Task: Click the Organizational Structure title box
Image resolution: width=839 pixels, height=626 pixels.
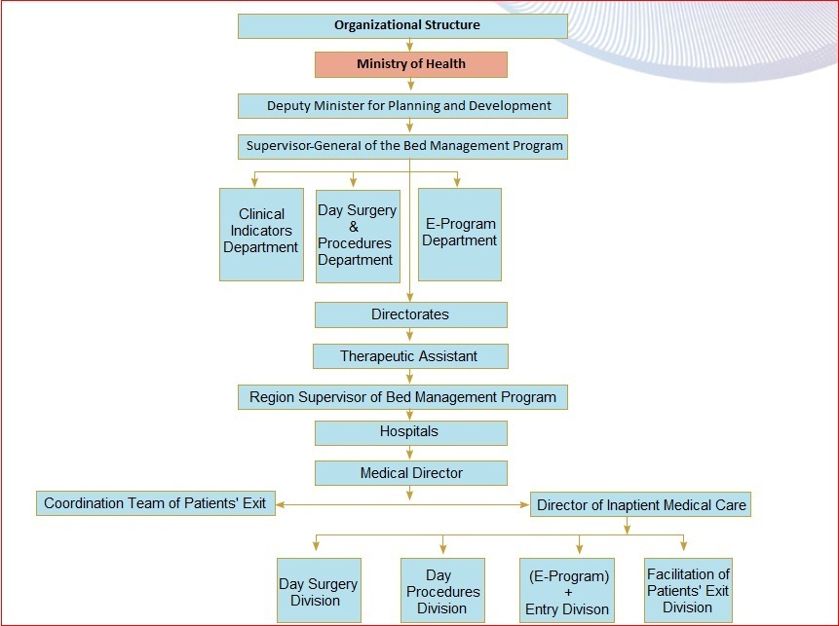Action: pos(402,25)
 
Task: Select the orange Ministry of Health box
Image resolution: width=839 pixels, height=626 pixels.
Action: pos(410,64)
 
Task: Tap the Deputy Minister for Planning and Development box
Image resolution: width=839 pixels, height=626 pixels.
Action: pos(402,106)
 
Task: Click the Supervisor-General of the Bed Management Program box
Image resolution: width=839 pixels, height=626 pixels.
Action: pos(402,147)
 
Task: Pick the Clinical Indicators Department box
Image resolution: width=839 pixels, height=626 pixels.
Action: pos(261,234)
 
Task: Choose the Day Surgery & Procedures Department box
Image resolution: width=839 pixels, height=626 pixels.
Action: pos(358,236)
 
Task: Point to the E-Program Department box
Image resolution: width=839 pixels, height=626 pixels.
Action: pos(460,234)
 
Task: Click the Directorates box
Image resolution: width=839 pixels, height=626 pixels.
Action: pos(410,314)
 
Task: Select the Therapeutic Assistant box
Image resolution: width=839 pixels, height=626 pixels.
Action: pos(410,356)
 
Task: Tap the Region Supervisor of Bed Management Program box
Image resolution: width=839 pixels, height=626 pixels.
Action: pos(402,397)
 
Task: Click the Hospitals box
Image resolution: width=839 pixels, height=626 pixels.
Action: pos(410,432)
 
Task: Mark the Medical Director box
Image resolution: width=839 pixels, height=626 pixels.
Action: pos(410,473)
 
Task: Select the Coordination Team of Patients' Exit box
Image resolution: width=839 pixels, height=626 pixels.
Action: pos(156,503)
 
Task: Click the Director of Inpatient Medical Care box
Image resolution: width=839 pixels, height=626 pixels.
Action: pos(640,504)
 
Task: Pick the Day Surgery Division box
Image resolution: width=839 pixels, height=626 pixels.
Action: pos(319,591)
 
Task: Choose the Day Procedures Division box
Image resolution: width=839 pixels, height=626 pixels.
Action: pos(442,591)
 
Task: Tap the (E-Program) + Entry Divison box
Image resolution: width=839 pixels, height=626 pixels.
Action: pos(567,591)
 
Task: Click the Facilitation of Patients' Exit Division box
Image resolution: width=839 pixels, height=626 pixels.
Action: pos(688,590)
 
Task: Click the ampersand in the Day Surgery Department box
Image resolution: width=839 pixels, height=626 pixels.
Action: pos(355,227)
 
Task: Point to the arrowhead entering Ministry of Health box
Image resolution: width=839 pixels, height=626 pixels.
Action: pos(410,47)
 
